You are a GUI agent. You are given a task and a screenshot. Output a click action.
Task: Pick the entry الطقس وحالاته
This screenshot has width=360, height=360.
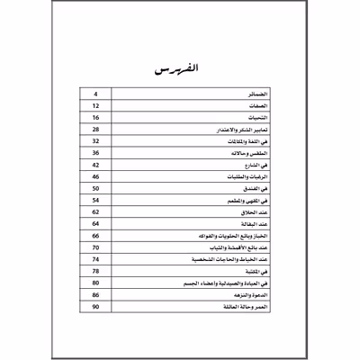point(251,164)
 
